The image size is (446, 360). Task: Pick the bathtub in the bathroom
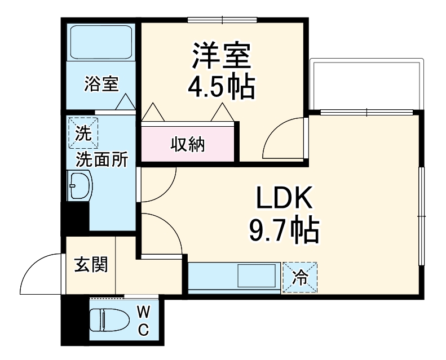pos(101,42)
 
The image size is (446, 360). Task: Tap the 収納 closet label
pos(188,145)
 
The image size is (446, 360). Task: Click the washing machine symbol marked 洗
pos(83,132)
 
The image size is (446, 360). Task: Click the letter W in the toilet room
pos(143,311)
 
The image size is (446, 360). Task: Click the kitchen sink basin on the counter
pos(256,277)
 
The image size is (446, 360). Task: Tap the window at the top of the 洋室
pos(222,20)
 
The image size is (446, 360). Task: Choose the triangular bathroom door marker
pos(125,103)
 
